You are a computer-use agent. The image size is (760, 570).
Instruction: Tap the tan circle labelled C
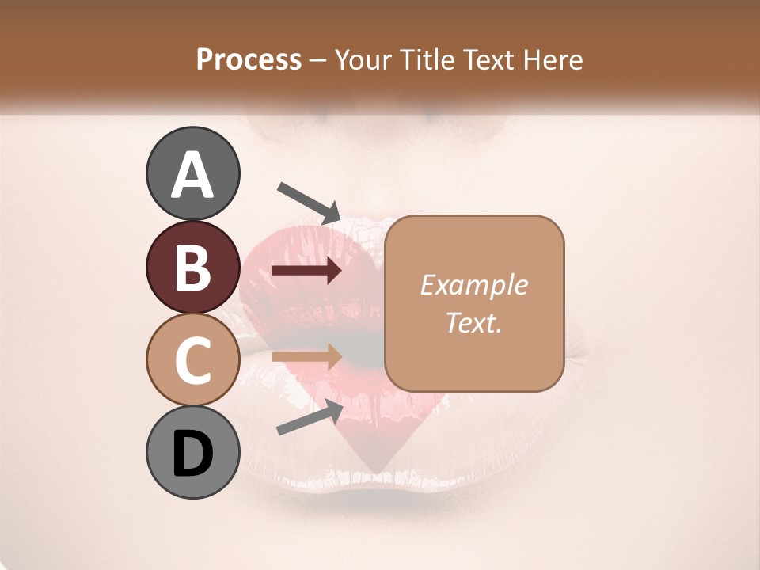coord(192,359)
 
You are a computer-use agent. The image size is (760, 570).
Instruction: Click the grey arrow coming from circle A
coord(309,202)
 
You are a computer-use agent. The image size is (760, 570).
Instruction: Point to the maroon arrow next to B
coord(306,272)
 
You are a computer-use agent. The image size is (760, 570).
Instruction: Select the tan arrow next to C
coord(306,357)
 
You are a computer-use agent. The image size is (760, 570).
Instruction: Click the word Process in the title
coord(249,60)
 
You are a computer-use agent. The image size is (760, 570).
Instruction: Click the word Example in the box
coord(473,285)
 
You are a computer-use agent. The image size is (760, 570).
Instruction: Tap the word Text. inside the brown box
coord(473,322)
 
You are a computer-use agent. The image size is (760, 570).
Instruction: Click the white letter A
coord(192,175)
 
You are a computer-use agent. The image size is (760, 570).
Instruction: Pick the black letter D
coord(192,454)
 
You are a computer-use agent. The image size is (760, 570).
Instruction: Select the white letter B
coord(192,268)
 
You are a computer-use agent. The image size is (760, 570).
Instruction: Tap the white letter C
coord(192,360)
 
